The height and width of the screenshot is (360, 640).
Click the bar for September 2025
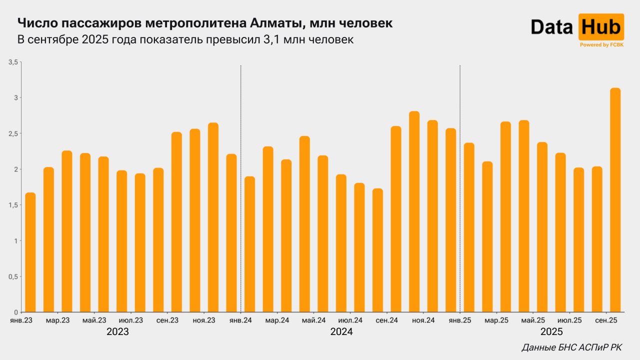[x=615, y=200]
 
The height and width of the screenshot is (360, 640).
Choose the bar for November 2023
[x=195, y=220]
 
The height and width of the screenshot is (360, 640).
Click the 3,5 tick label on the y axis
[x=13, y=62]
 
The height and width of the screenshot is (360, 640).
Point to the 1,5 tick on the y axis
[x=13, y=205]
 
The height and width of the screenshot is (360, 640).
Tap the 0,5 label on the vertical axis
[x=13, y=276]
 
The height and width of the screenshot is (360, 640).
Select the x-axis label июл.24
[x=350, y=320]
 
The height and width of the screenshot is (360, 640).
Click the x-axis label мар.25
[x=496, y=320]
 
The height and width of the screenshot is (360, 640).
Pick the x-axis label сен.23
[x=167, y=320]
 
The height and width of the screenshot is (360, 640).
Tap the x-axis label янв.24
[x=240, y=320]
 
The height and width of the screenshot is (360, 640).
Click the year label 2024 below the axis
[x=341, y=332]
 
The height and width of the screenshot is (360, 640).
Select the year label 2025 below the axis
[x=551, y=332]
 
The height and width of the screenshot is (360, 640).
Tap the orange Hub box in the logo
[x=600, y=27]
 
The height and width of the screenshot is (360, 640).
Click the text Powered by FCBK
[x=601, y=45]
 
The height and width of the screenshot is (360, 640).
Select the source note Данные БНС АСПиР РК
[x=571, y=347]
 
